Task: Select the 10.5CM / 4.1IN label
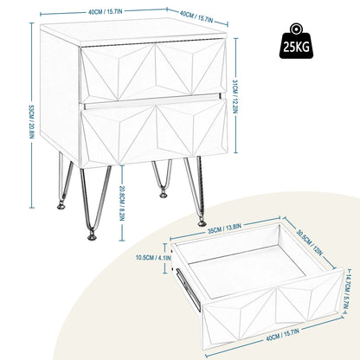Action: point(151,257)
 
